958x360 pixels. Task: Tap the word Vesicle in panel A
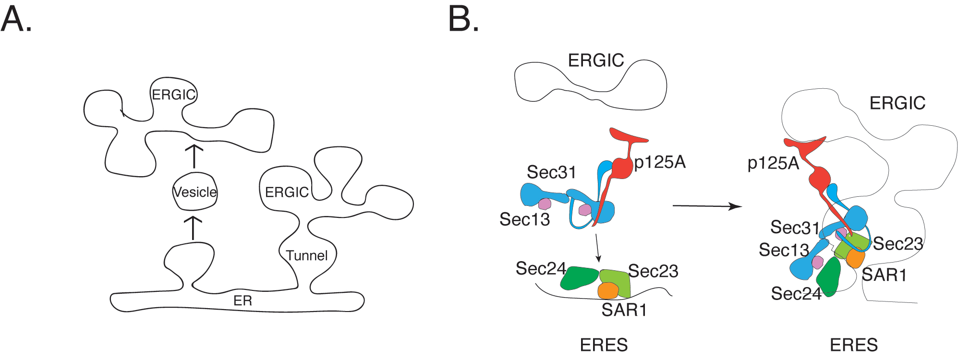coord(195,192)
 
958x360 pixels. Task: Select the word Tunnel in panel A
coord(307,255)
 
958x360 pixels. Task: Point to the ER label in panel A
coord(243,301)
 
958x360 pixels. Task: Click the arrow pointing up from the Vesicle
coord(194,156)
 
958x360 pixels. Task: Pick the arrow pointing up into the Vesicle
coord(194,228)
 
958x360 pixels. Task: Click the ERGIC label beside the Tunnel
coord(287,192)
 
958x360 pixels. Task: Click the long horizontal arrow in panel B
coord(707,206)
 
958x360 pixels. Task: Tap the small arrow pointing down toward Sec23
coord(597,249)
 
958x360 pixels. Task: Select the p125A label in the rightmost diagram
coord(773,164)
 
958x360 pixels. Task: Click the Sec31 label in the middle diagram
coord(551,172)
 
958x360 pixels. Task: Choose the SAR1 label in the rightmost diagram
coord(884,276)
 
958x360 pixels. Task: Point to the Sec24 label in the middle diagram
coord(541,269)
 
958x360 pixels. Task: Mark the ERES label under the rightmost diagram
coord(854,345)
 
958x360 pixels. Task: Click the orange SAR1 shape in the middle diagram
coord(608,290)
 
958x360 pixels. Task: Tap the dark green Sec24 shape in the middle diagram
coord(580,278)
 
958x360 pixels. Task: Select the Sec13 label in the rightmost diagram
coord(784,250)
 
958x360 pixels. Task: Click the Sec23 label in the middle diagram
coord(653,272)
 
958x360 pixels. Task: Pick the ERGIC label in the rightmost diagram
coord(897,103)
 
